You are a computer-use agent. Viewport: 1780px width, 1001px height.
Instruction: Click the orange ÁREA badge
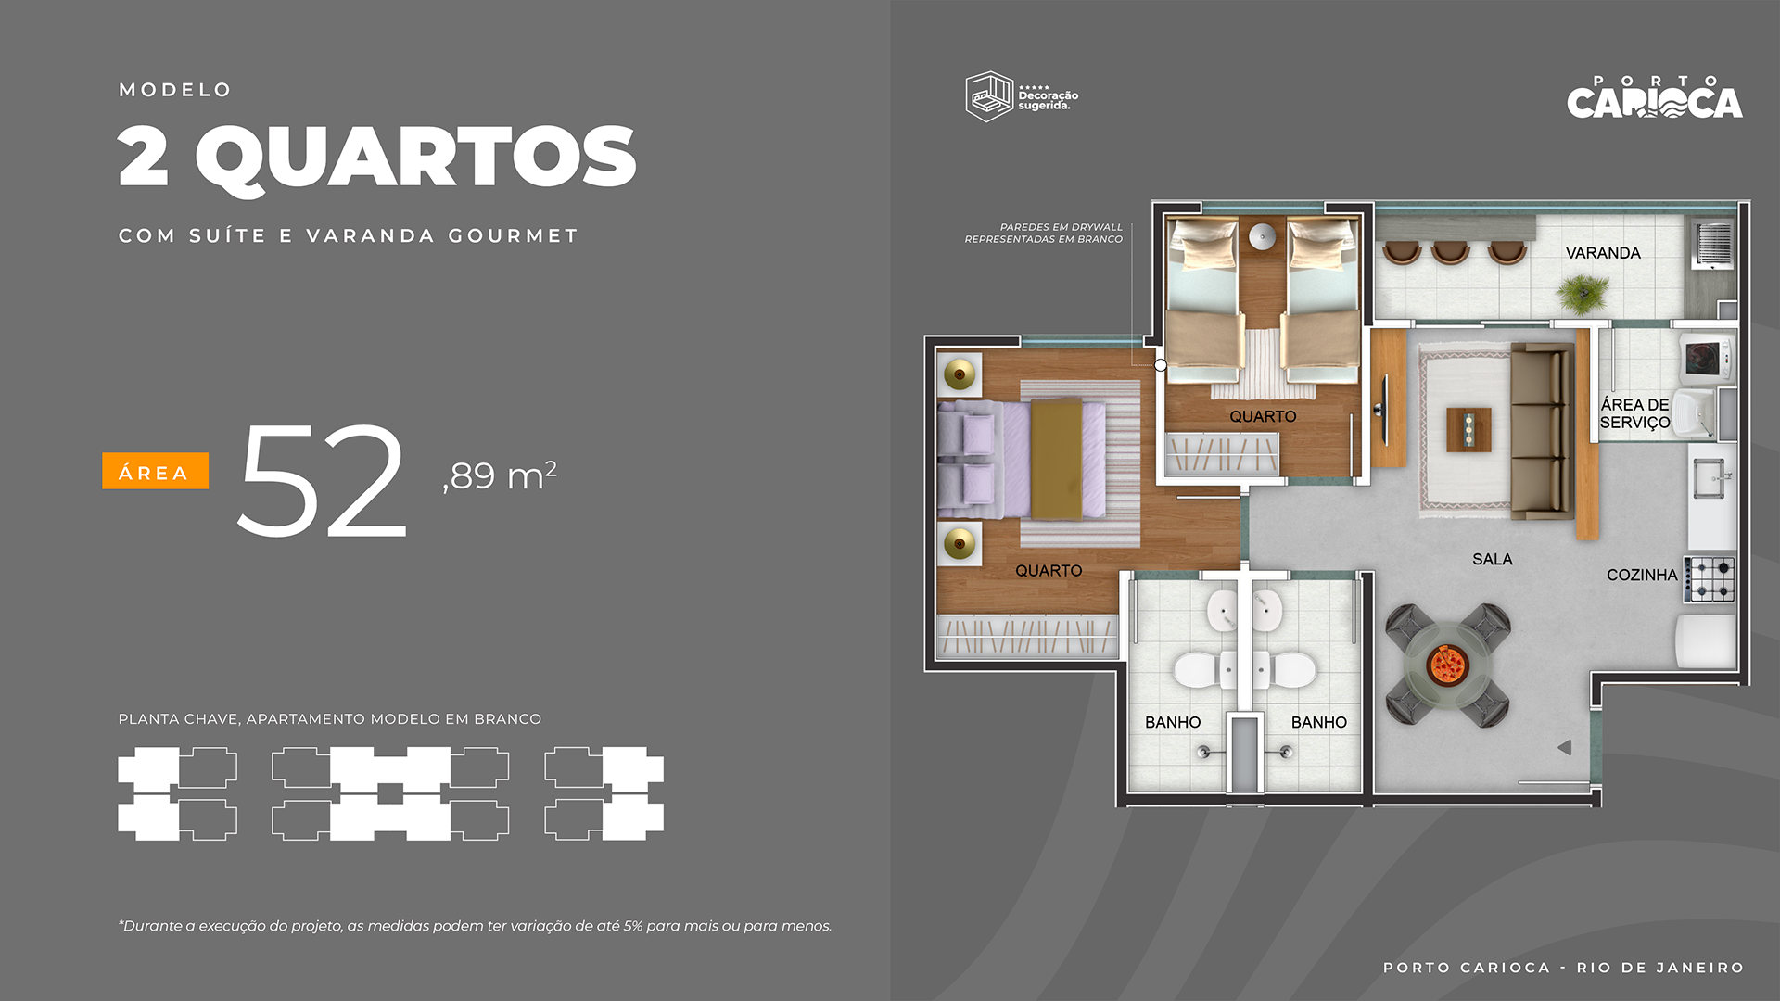tap(155, 471)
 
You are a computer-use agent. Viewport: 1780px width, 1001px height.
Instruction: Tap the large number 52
tap(322, 480)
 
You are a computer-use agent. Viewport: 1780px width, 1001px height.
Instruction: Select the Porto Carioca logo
tap(1655, 97)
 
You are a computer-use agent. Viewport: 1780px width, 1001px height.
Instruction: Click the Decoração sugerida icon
tap(989, 96)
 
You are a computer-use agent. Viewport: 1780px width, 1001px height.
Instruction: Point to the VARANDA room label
tap(1603, 253)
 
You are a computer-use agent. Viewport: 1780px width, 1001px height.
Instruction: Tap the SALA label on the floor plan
tap(1492, 559)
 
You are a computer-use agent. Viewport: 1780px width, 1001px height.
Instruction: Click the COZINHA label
tap(1642, 575)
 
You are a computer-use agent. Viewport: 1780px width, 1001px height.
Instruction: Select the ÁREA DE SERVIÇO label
tap(1634, 413)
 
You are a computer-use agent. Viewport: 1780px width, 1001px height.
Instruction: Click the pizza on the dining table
tap(1446, 664)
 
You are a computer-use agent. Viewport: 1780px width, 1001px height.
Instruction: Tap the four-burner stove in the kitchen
tap(1710, 579)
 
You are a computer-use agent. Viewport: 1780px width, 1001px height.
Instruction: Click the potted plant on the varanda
tap(1583, 295)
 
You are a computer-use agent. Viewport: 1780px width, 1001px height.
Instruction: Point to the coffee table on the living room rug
tap(1469, 430)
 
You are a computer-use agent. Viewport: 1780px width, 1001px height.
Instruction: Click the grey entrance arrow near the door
tap(1565, 747)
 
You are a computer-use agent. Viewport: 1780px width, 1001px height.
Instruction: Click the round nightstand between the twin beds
tap(1262, 236)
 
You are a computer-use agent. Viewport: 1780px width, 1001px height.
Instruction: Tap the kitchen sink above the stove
tap(1710, 479)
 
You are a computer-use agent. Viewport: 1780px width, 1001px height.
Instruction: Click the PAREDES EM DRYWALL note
tap(1044, 233)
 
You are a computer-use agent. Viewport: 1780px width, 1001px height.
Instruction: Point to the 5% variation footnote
tap(475, 926)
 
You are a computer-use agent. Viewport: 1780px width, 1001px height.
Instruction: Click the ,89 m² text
tap(500, 475)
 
